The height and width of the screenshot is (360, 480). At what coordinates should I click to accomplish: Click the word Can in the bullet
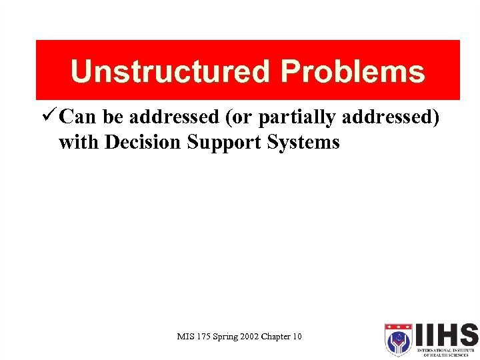click(78, 117)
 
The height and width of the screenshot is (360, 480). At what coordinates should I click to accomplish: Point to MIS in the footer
click(185, 337)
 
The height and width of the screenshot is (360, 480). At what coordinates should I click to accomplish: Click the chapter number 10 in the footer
click(297, 337)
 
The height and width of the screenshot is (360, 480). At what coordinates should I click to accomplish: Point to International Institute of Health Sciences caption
click(446, 351)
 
